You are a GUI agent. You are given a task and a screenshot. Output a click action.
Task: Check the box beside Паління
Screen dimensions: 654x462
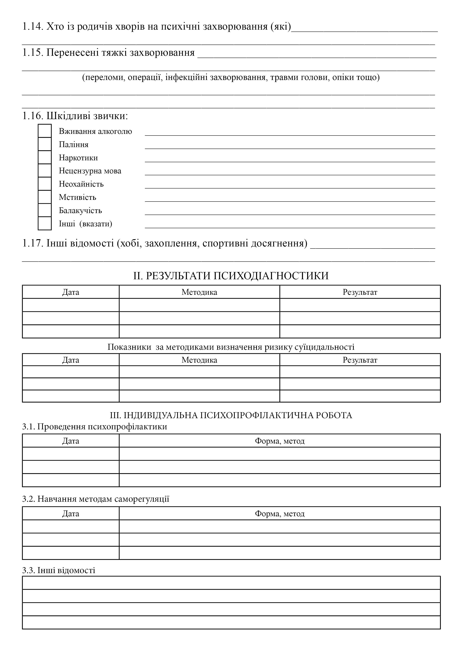[45, 144]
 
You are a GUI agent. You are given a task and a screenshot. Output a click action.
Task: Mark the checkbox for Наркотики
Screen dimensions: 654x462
[45, 157]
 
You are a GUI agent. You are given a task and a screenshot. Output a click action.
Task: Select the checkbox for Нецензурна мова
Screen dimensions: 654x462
[45, 170]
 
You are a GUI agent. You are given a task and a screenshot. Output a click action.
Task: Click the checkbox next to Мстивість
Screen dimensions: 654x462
[45, 197]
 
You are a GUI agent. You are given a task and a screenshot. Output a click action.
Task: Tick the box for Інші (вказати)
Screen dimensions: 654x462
[45, 223]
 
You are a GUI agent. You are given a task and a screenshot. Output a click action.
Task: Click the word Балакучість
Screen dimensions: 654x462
[80, 210]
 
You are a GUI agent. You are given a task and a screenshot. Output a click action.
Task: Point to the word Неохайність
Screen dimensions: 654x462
[81, 184]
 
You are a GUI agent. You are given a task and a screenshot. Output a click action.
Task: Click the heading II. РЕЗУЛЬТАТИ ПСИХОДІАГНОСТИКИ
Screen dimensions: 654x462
[231, 276]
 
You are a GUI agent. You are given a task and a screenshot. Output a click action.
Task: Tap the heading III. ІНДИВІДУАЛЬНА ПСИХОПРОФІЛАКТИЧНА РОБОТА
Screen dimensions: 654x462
[231, 415]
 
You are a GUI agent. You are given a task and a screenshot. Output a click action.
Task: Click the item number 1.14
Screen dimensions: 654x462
[33, 26]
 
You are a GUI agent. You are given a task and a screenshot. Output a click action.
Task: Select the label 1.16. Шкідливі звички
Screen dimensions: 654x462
[75, 116]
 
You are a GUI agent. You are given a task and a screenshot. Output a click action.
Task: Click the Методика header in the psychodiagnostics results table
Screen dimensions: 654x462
[199, 292]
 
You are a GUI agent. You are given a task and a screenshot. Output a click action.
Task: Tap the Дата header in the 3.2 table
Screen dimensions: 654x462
[71, 514]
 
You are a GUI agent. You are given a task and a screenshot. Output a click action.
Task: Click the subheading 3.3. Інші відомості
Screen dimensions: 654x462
[59, 570]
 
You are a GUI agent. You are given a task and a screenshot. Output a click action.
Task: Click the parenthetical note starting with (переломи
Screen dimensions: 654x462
[231, 77]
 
